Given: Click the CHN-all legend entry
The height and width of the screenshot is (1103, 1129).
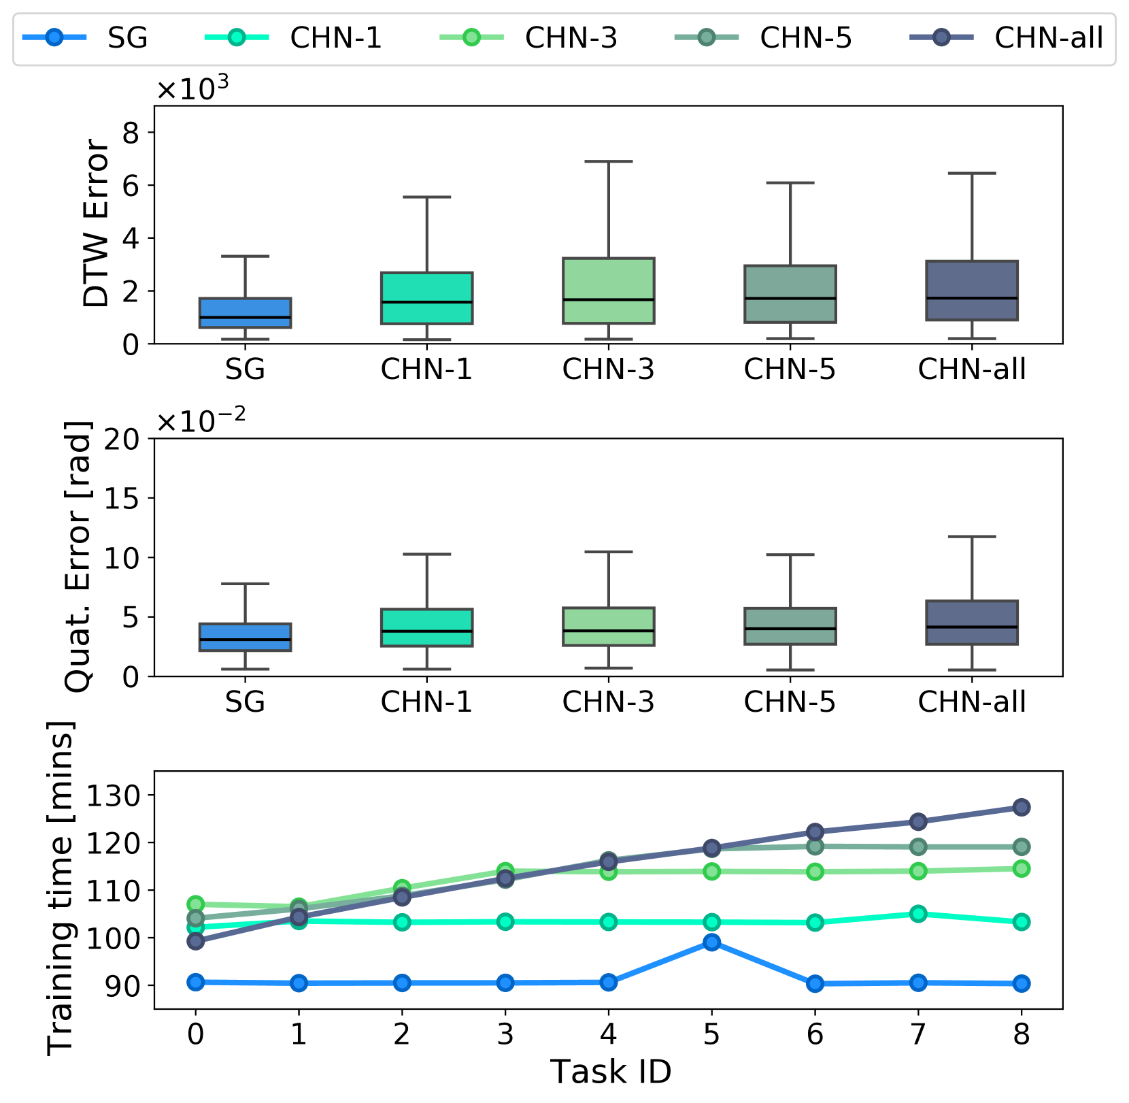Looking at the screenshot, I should pyautogui.click(x=1007, y=38).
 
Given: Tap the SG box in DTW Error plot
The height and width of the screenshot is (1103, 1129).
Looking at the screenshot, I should pyautogui.click(x=245, y=313).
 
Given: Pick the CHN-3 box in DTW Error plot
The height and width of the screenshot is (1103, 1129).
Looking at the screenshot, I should pyautogui.click(x=608, y=291).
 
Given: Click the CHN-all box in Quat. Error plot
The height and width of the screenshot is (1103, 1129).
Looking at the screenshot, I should pyautogui.click(x=971, y=623).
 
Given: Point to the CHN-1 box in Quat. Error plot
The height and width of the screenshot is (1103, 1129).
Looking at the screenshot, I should pyautogui.click(x=426, y=627).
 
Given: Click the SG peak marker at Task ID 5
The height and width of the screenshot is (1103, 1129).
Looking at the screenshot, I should pyautogui.click(x=711, y=942).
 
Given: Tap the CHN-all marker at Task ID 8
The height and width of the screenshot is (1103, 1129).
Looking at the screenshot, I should pyautogui.click(x=1021, y=808).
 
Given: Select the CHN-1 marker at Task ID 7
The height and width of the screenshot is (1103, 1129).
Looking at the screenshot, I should pyautogui.click(x=918, y=914).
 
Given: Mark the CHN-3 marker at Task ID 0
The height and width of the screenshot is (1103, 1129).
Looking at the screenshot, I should pyautogui.click(x=196, y=904).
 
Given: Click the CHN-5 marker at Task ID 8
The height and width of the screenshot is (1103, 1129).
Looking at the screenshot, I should pyautogui.click(x=1021, y=847).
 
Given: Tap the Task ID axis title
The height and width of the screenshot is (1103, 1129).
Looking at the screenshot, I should pyautogui.click(x=610, y=1072).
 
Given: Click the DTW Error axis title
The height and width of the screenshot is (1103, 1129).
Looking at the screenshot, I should pyautogui.click(x=95, y=224).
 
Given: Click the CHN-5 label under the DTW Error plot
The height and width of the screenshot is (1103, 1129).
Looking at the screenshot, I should pyautogui.click(x=789, y=369).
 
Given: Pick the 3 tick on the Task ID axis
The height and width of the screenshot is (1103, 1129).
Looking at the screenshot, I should pyautogui.click(x=505, y=1034).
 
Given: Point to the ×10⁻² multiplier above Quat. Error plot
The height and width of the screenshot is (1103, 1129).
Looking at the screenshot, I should pyautogui.click(x=201, y=421).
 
